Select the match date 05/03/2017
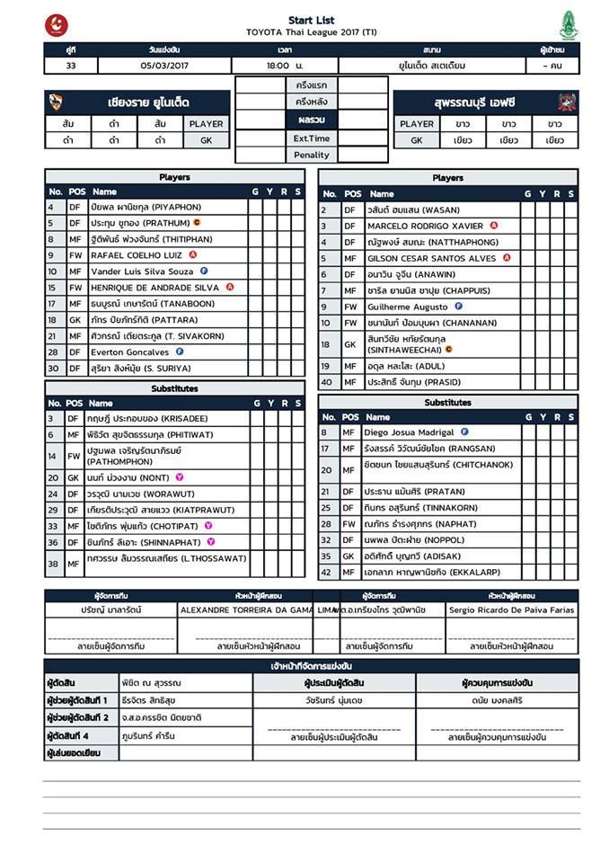164,66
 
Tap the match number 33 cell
71,66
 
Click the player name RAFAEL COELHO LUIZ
137,255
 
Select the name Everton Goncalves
130,352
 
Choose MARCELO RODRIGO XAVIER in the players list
425,227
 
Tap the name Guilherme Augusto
407,307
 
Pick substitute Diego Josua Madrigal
410,432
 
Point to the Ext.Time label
312,138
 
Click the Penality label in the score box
312,156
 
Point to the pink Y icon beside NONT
180,477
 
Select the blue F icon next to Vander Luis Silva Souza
205,271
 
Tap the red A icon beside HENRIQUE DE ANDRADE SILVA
230,288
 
